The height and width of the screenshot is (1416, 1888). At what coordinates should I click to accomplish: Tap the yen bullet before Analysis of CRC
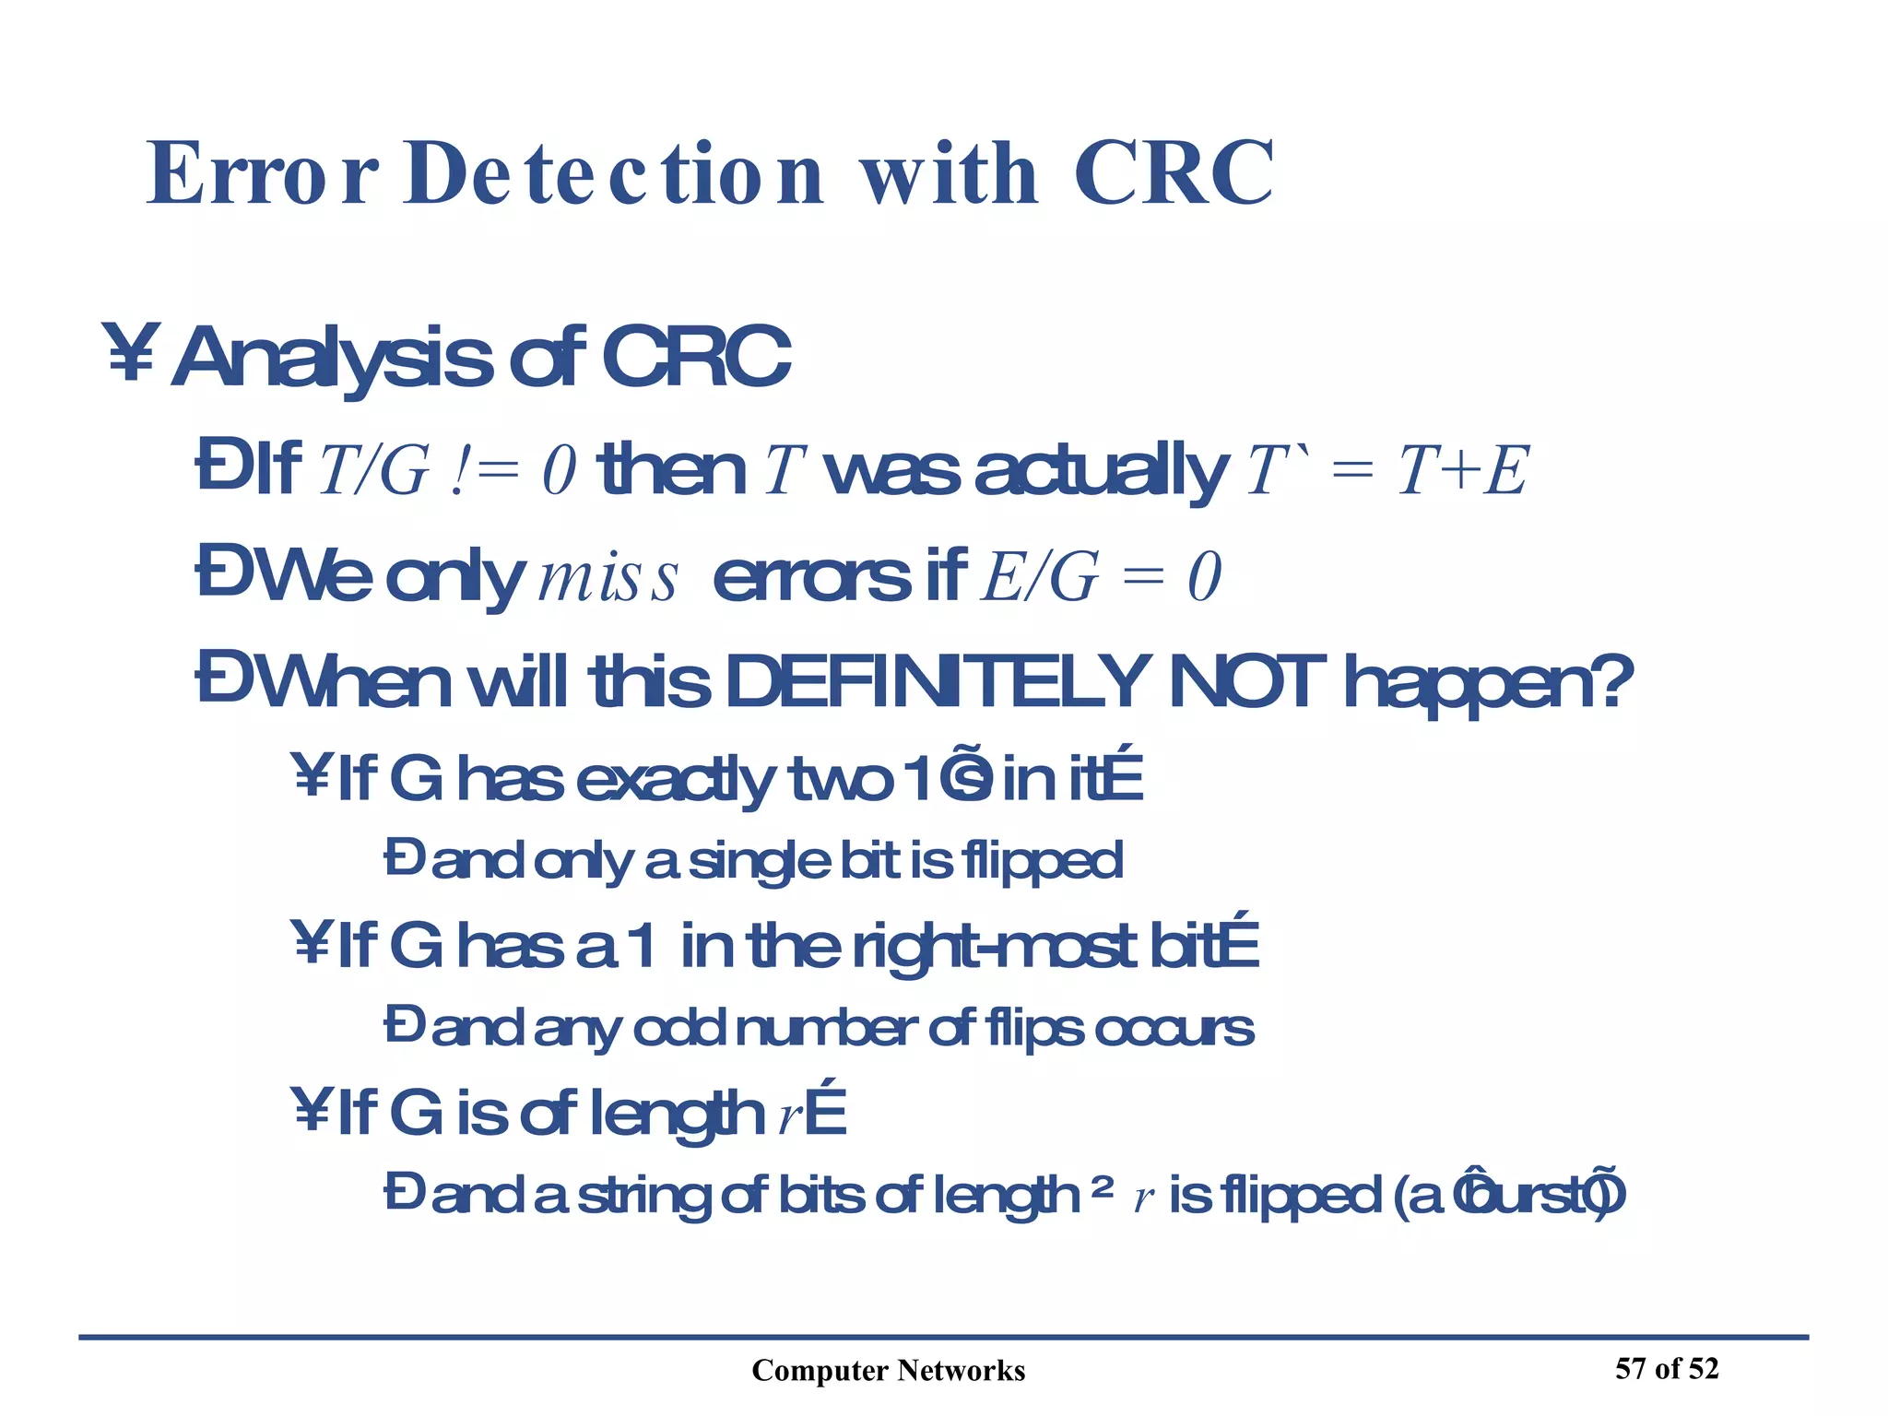(132, 352)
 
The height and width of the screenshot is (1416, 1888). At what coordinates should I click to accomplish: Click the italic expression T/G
(373, 471)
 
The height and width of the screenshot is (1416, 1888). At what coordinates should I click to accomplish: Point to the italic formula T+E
(1463, 471)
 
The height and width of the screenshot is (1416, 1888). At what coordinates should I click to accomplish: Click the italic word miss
(608, 579)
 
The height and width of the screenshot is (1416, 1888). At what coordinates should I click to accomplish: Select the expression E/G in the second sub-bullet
(1040, 579)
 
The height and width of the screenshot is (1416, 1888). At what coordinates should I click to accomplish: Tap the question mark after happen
(1613, 682)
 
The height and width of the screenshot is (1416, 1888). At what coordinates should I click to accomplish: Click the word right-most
(996, 948)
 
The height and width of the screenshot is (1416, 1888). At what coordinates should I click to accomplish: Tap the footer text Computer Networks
(888, 1371)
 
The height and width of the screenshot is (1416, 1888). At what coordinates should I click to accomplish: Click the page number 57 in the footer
(1630, 1369)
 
